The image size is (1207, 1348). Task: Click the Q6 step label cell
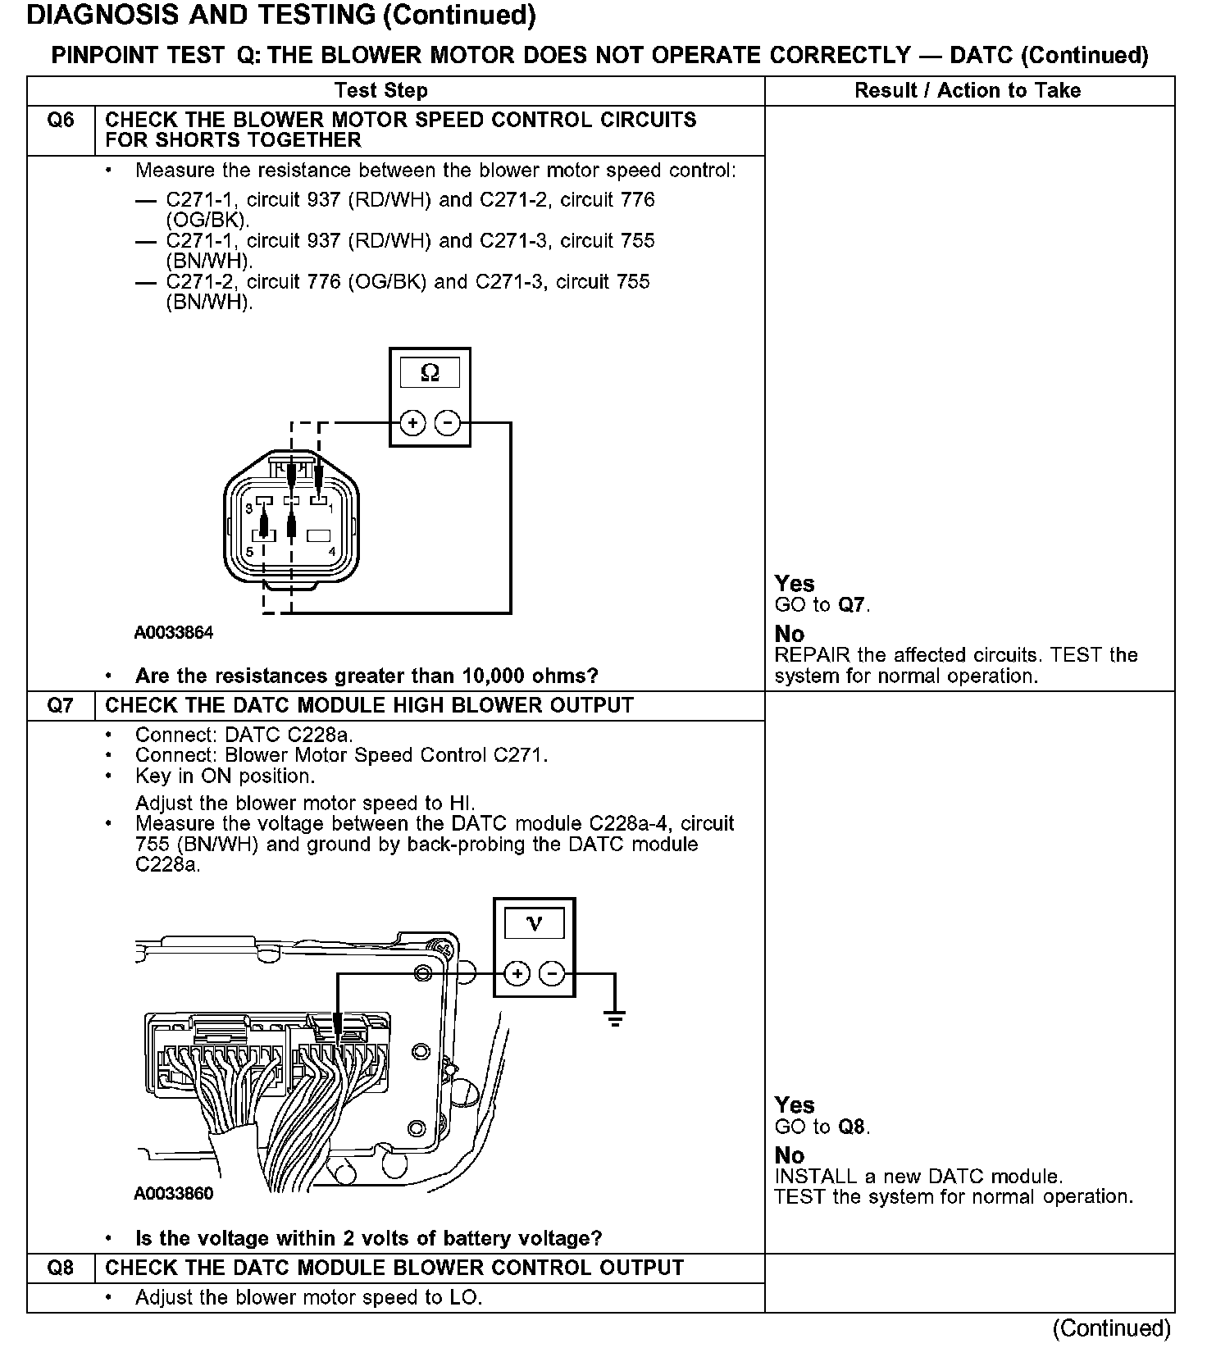click(x=61, y=121)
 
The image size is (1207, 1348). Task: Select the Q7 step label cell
click(x=61, y=706)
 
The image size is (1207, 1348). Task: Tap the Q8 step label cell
click(x=61, y=1268)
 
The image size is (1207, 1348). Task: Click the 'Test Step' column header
click(x=380, y=91)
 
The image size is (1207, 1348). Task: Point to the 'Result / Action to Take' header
click(x=968, y=91)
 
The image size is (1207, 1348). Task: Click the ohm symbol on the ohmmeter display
click(x=430, y=374)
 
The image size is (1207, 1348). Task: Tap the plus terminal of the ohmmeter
click(x=412, y=423)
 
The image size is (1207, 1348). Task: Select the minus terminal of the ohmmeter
click(x=448, y=423)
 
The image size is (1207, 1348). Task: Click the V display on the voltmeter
click(x=534, y=924)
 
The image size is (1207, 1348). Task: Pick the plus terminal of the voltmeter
click(x=517, y=974)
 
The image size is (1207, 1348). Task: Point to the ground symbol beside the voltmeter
click(x=614, y=1019)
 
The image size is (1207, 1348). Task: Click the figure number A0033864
click(x=174, y=633)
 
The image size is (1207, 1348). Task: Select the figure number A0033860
click(x=173, y=1194)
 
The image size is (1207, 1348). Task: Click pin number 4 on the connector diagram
click(x=331, y=551)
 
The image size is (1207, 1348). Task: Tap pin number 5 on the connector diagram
click(x=249, y=551)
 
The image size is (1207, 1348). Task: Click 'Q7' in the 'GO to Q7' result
click(x=852, y=606)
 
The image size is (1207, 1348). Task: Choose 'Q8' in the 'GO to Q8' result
click(x=852, y=1127)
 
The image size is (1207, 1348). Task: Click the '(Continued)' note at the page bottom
click(x=1111, y=1328)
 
